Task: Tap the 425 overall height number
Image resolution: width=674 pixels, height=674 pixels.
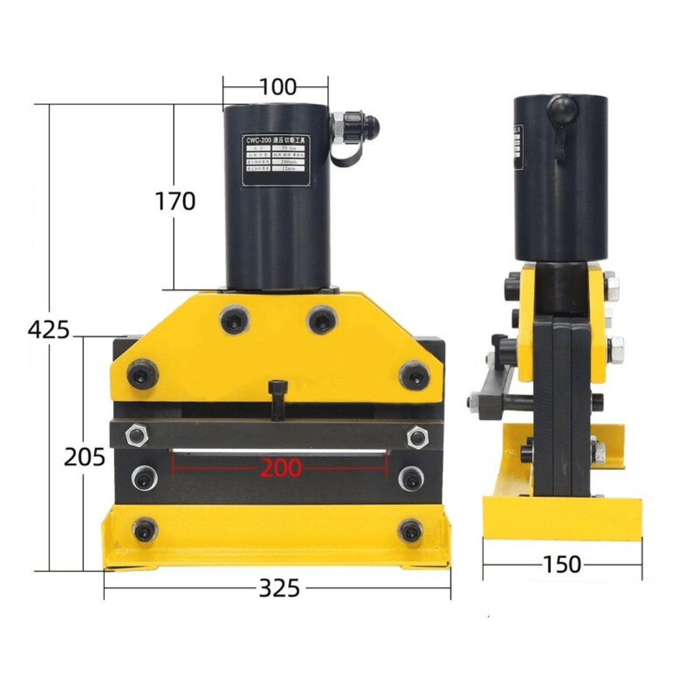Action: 49,329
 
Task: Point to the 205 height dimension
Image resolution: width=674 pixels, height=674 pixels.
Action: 84,457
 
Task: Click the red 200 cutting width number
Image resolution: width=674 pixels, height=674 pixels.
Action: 280,468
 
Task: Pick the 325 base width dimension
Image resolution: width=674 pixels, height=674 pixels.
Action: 279,588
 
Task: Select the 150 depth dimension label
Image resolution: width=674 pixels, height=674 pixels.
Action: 562,565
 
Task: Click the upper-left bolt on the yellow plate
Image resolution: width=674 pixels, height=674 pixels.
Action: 235,320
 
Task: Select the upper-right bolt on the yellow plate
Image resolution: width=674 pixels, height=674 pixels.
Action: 322,320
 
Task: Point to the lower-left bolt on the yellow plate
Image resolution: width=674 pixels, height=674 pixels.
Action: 142,374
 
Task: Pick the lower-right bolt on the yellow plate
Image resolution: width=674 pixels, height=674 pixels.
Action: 414,375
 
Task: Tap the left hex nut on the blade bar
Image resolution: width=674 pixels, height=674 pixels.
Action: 136,434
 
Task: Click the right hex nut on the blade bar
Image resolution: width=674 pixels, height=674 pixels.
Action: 416,437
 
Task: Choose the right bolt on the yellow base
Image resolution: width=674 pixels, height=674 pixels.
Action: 410,531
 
